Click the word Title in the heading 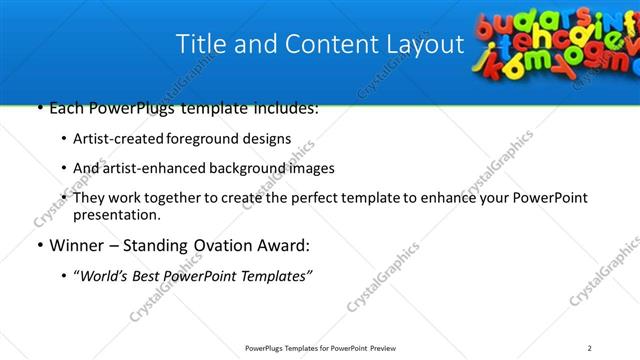point(200,45)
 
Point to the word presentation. point(115,214)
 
